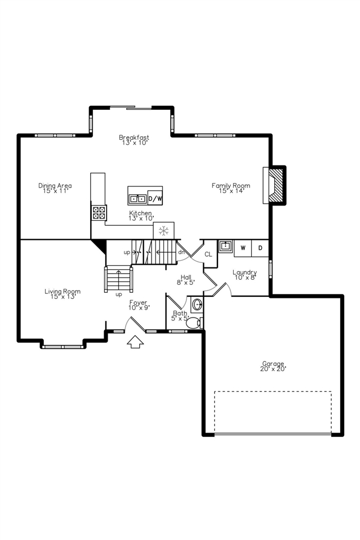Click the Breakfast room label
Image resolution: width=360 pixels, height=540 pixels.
click(x=134, y=140)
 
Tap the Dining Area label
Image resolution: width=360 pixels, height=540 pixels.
click(x=55, y=188)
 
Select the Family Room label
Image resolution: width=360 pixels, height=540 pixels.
click(x=230, y=188)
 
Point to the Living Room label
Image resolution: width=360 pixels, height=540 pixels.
click(x=63, y=293)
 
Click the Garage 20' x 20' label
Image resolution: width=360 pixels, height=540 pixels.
click(x=273, y=366)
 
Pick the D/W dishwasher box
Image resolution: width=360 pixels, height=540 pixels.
click(x=155, y=198)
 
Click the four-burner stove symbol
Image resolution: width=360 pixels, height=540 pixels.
click(x=99, y=212)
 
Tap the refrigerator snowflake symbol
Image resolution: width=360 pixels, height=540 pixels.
click(x=164, y=230)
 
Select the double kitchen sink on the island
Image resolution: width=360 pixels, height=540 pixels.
click(x=137, y=198)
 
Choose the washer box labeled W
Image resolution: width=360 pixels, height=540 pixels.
click(x=243, y=247)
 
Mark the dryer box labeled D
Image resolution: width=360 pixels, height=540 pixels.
click(x=260, y=247)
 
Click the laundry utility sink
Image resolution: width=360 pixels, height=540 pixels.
click(x=225, y=246)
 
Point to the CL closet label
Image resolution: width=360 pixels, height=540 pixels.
click(x=208, y=255)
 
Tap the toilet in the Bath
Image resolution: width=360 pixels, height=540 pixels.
click(x=193, y=323)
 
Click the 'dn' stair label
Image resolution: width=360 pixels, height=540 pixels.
click(x=181, y=252)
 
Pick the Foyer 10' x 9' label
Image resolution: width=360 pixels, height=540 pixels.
click(x=138, y=305)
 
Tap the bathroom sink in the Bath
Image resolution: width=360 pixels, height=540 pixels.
click(x=197, y=305)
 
